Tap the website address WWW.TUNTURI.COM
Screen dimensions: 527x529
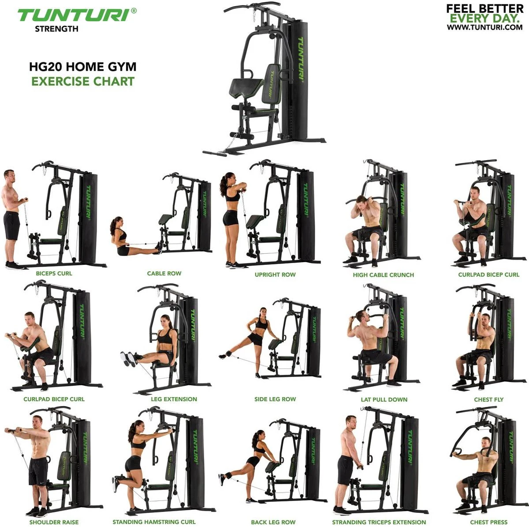pos(484,27)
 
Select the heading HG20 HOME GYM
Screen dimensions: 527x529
pos(82,67)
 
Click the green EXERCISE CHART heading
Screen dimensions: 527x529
pos(82,81)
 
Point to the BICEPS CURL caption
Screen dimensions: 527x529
pos(54,273)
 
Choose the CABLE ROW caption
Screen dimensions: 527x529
pos(164,273)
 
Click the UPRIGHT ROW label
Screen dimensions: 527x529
pos(275,275)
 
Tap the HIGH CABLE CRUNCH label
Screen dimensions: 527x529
pos(383,275)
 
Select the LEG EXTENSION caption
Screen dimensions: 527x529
pos(174,399)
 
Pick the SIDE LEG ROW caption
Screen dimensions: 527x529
pos(275,399)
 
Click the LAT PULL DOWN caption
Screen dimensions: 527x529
pos(384,399)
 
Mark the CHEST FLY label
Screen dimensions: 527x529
pos(488,399)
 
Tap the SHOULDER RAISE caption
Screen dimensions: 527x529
pos(54,522)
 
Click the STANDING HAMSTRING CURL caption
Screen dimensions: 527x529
pos(154,522)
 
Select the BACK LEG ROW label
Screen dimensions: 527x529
pos(273,522)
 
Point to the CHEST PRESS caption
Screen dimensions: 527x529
pos(488,522)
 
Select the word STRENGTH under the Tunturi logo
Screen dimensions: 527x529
pos(56,29)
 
